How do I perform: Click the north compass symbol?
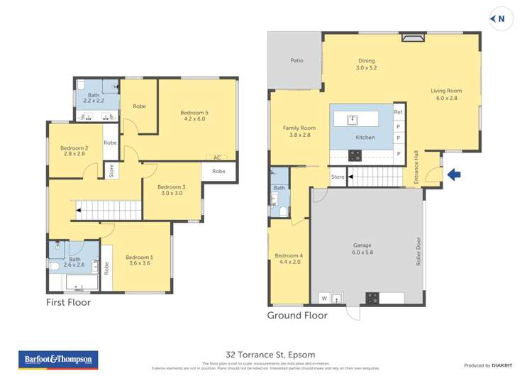click(500, 19)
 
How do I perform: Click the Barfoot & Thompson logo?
click(58, 360)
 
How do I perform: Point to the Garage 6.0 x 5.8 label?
click(362, 249)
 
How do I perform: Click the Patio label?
click(297, 61)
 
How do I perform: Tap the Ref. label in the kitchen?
click(398, 113)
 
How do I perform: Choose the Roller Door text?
click(419, 251)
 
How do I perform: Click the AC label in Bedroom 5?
click(217, 157)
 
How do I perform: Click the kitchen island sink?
click(351, 118)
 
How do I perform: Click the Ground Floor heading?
click(297, 315)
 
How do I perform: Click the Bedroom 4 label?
click(289, 259)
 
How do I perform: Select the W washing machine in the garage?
click(324, 297)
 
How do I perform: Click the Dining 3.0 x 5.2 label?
click(366, 65)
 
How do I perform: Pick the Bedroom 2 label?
click(74, 149)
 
